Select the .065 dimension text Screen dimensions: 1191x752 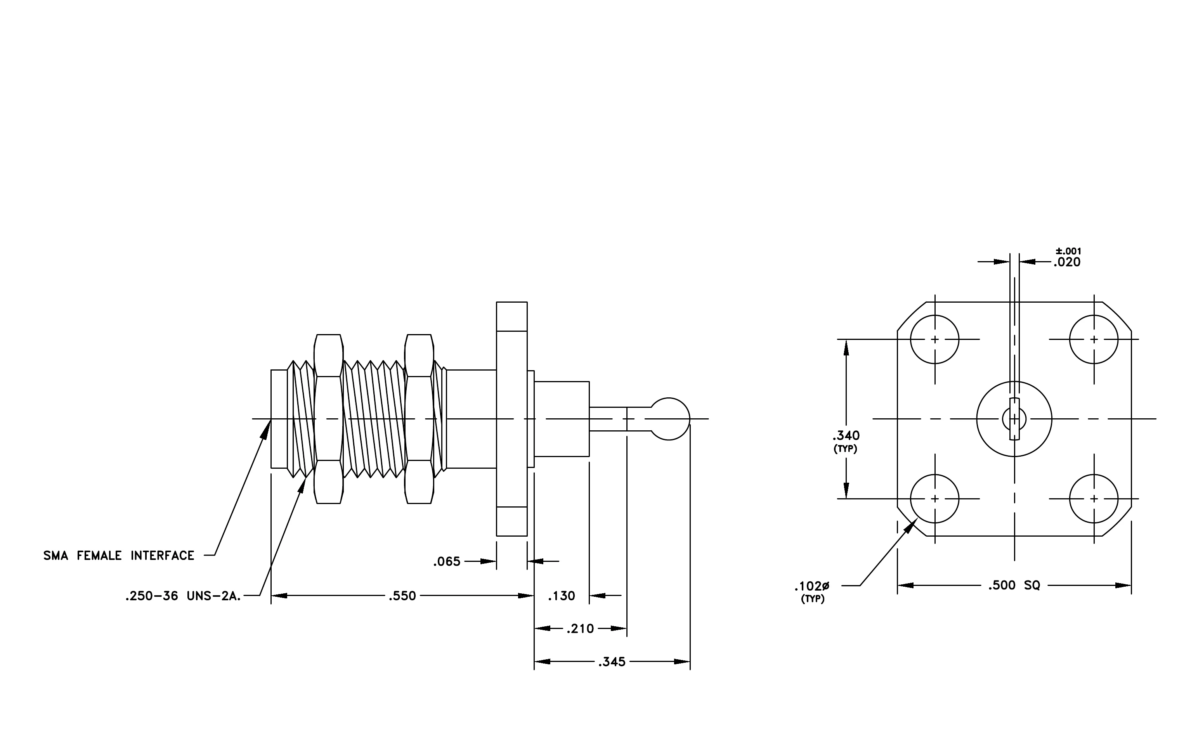[447, 561]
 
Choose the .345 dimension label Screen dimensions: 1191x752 [612, 662]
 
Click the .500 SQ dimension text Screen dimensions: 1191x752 [1014, 586]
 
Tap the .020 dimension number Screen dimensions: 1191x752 [1067, 263]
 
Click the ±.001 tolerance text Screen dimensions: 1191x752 [1068, 251]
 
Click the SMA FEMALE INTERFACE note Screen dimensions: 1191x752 [119, 556]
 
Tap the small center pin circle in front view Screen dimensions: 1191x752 [1014, 407]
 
